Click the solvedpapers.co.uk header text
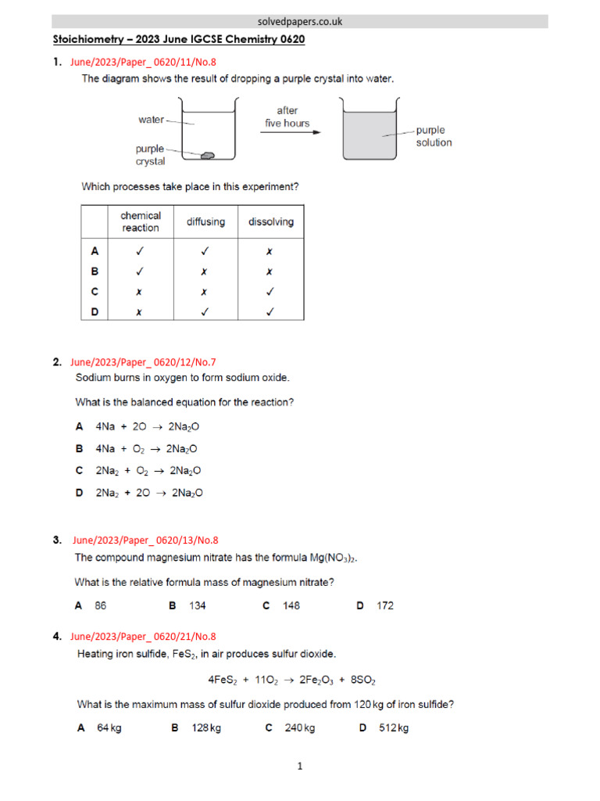300,22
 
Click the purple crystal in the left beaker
207,156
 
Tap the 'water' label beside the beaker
151,120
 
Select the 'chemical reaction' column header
141,221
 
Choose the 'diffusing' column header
205,222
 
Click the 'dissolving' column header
271,222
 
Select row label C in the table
95,291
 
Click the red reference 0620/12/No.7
143,362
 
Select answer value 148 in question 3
291,605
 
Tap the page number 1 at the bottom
301,767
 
